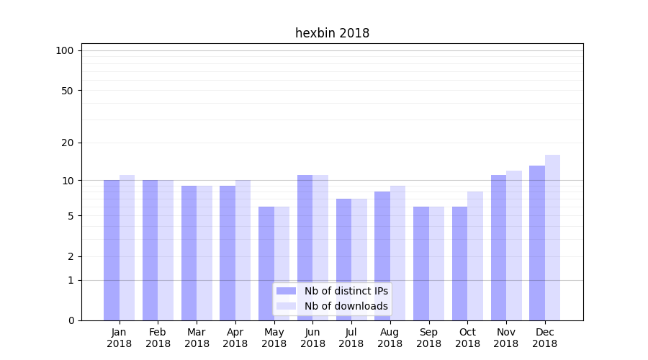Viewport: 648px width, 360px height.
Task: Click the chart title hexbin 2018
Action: [332, 33]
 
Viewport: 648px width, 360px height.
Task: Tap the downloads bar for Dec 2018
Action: [552, 238]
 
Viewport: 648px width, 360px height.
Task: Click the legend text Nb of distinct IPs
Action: [346, 291]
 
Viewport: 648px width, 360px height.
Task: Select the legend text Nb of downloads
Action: [346, 306]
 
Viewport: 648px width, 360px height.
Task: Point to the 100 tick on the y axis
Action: [65, 50]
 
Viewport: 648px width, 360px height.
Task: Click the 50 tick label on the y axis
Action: [68, 91]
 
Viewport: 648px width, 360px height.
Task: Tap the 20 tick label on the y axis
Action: [68, 143]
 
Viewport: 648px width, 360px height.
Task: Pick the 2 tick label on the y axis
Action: [71, 256]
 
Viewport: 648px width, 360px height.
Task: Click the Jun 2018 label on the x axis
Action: [312, 338]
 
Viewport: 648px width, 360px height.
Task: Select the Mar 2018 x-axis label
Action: [197, 338]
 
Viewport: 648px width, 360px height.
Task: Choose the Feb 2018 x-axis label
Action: [158, 338]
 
